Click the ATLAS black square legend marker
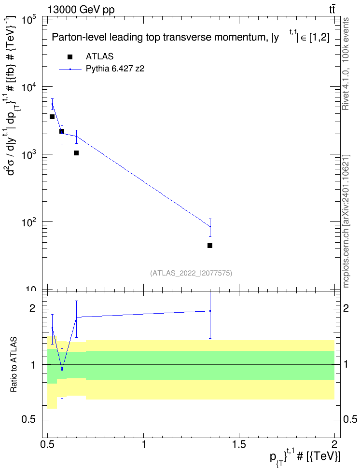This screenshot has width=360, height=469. [70, 57]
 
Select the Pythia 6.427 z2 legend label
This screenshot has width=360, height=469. [115, 69]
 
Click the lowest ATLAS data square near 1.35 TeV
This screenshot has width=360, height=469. [210, 246]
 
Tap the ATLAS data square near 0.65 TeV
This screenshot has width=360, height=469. [76, 153]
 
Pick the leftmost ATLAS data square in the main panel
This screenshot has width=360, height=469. [52, 117]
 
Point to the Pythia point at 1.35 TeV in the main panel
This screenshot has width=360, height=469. [210, 226]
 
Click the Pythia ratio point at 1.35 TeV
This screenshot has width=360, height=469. [210, 311]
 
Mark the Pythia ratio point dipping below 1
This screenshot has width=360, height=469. [62, 370]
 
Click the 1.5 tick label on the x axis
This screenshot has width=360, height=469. [239, 444]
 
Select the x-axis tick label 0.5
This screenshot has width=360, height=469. [48, 444]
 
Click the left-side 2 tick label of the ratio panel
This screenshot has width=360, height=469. [32, 308]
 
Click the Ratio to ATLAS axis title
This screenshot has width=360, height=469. [14, 365]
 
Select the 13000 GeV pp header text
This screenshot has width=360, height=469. [81, 10]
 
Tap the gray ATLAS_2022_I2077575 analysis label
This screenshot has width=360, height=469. [191, 273]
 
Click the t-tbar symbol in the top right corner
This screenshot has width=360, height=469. [332, 10]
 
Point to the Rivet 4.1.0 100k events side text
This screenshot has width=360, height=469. [346, 64]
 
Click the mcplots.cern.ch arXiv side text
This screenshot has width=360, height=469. [346, 221]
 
